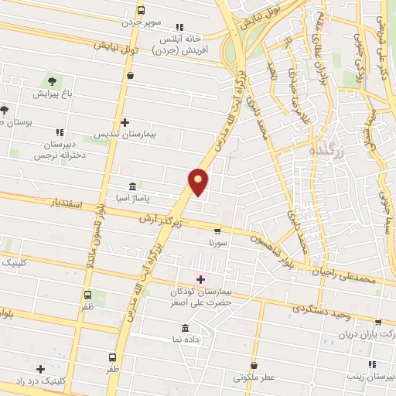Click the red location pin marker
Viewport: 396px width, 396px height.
[x=199, y=181]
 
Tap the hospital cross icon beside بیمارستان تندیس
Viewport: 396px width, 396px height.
[x=125, y=122]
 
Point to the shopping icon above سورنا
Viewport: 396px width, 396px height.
[x=217, y=230]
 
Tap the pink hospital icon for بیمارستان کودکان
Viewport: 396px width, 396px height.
[x=200, y=279]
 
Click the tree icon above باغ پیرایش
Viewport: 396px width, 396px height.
[x=52, y=80]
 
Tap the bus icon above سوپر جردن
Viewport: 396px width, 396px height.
[x=141, y=11]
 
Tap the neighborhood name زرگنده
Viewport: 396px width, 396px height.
[x=329, y=148]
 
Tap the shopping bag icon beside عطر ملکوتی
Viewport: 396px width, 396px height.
[x=255, y=364]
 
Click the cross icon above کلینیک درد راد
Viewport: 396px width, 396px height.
[x=39, y=369]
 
